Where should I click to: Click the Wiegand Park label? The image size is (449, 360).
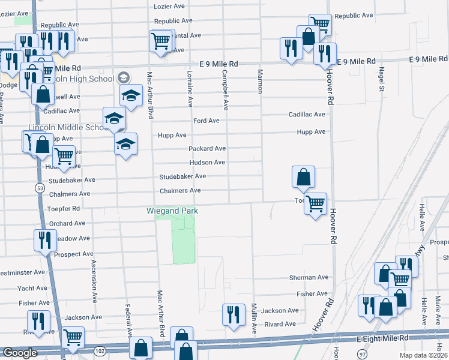coord(172,211)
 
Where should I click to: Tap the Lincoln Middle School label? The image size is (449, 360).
coord(67,128)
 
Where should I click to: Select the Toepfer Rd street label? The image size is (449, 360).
coord(64,209)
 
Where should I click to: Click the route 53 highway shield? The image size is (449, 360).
coord(40,188)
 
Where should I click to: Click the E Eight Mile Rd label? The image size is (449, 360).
coord(382,339)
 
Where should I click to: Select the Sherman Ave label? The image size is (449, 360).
coord(309,278)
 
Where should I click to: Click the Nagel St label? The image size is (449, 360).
coord(381,79)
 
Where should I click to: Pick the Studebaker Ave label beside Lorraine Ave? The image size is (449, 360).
coord(182,176)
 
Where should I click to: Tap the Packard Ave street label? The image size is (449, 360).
coord(207,148)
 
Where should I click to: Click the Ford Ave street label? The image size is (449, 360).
coord(206,121)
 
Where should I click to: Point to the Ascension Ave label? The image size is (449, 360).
coord(94,280)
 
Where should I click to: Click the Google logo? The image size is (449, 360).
coord(20,353)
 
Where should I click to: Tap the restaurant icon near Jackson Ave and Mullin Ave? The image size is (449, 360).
coord(234,313)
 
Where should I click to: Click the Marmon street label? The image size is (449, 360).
coord(260,81)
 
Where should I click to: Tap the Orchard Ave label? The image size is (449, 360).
coord(68,223)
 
